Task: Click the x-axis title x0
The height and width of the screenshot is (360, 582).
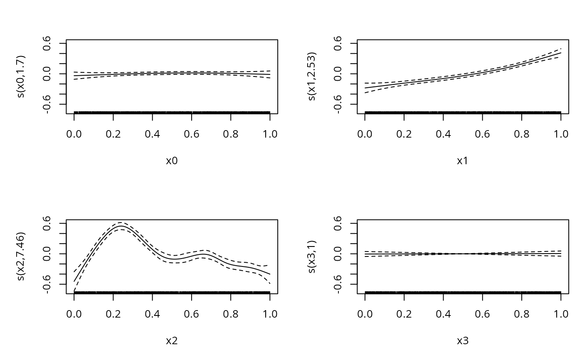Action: pos(172,161)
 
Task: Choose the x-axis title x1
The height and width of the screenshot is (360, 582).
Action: pos(463,161)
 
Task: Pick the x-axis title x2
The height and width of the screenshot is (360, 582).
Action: pos(172,341)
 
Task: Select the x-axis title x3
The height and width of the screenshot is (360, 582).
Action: pos(463,341)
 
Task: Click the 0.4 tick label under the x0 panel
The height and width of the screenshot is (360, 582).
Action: pos(152,134)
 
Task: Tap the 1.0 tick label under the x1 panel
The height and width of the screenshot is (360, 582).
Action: pos(561,134)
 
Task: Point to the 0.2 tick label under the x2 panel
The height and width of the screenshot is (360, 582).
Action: pos(113,314)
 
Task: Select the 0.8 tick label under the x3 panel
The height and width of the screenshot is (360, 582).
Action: pos(521,314)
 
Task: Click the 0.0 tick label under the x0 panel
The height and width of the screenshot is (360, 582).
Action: pos(74,134)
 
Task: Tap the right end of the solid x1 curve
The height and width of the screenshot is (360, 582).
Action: pos(561,53)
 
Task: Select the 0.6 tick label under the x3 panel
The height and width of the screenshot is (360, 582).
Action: pos(482,314)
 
